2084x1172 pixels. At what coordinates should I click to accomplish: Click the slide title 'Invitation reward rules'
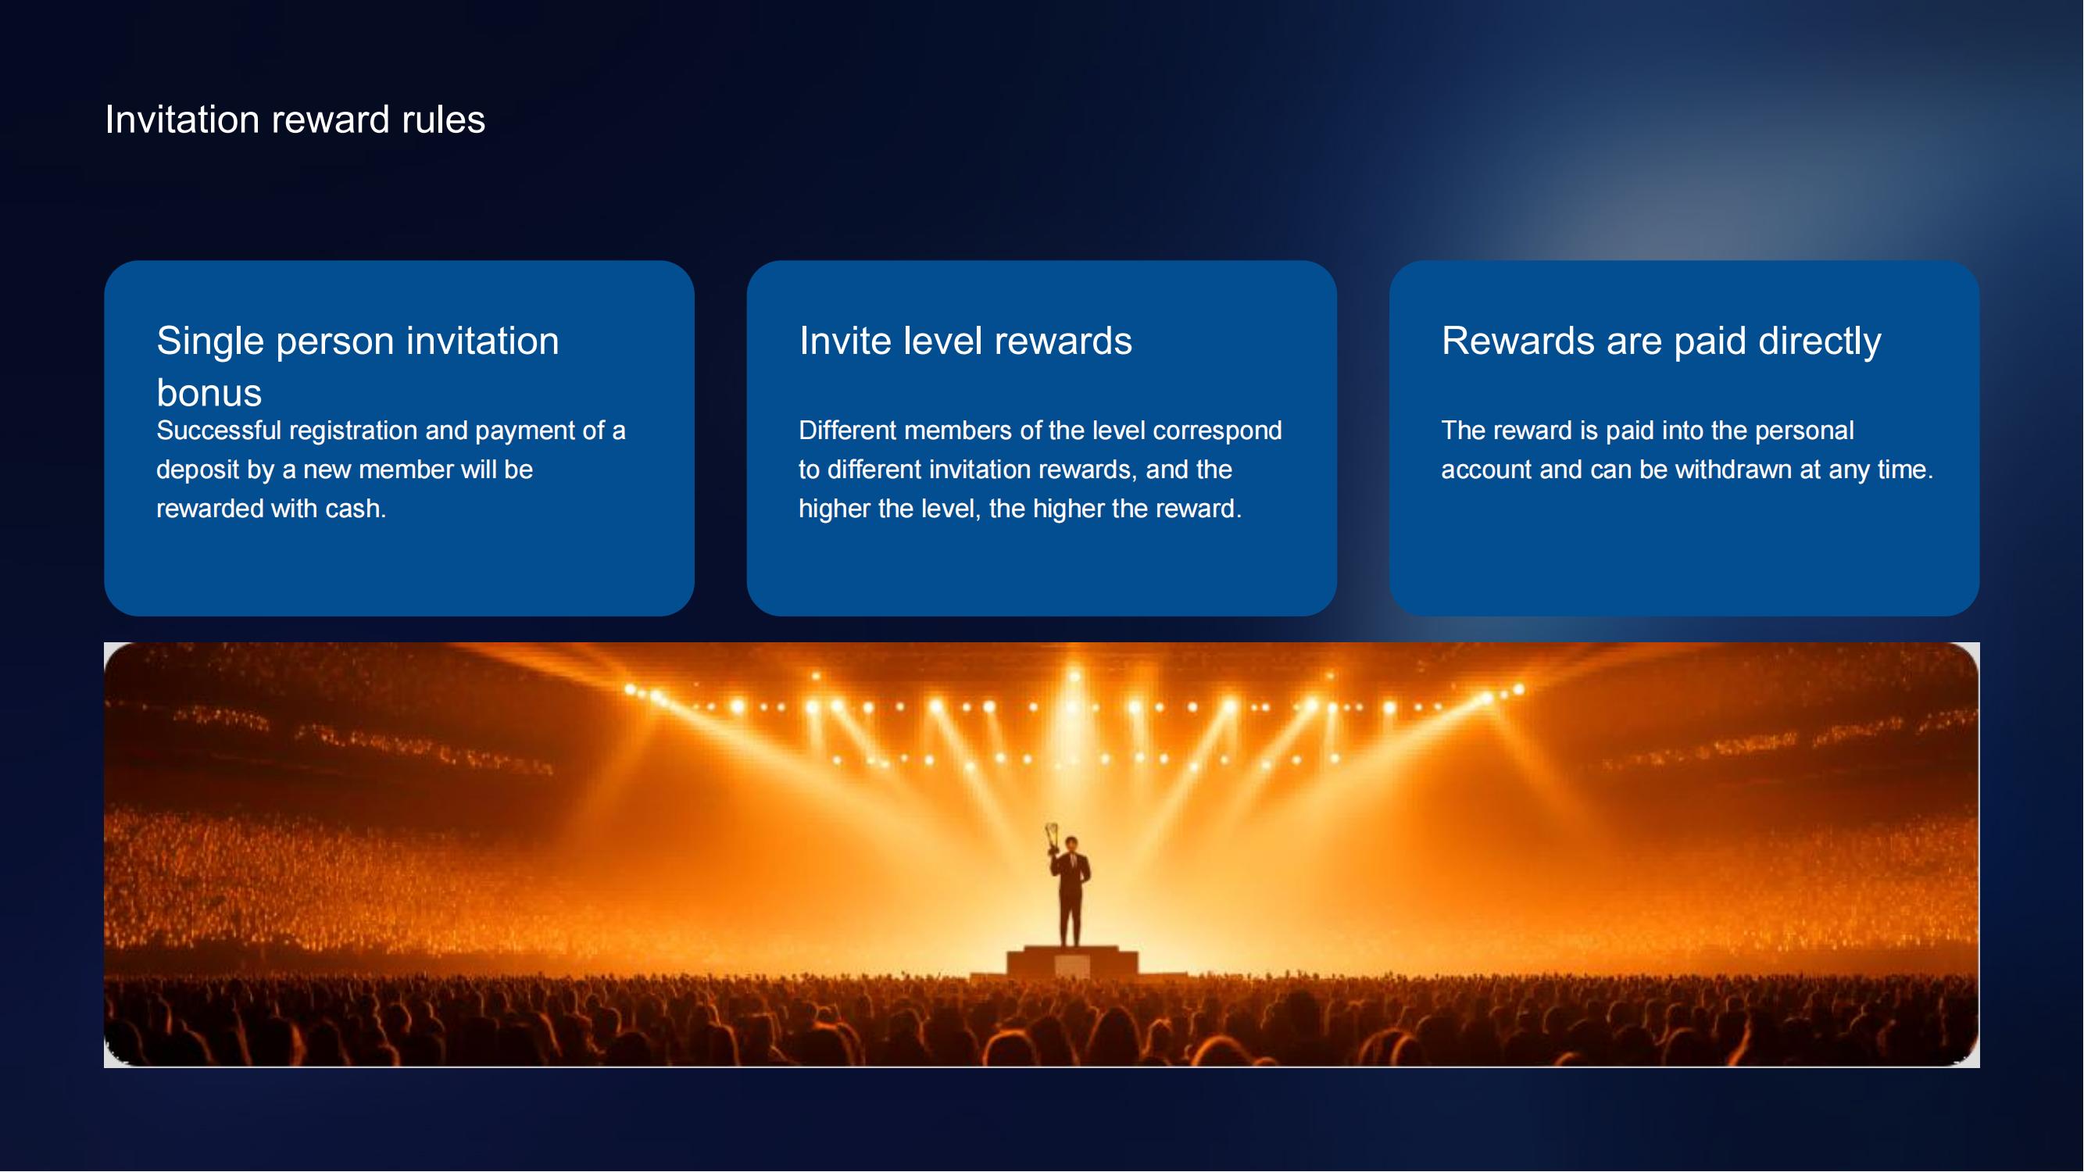(x=295, y=120)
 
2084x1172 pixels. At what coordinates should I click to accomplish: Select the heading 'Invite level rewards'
(x=965, y=341)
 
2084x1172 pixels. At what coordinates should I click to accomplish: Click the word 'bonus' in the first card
(x=209, y=393)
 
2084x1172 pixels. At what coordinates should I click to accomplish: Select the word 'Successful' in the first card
(x=219, y=431)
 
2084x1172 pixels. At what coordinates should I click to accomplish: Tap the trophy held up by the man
(x=1053, y=837)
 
